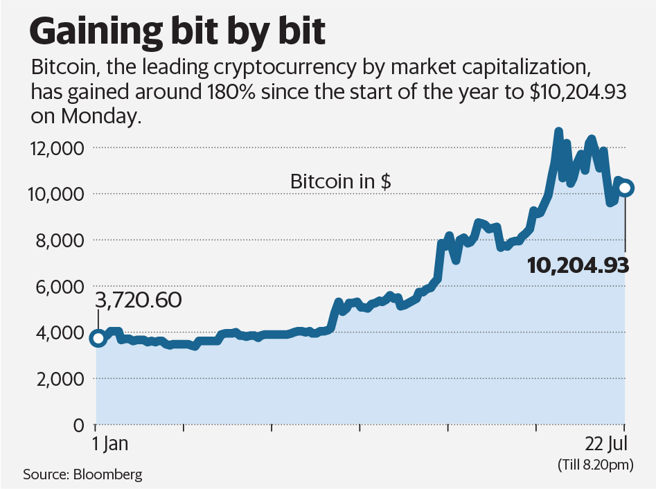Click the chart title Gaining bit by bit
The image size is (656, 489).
tap(177, 31)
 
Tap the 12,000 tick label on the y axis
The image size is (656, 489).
tap(56, 148)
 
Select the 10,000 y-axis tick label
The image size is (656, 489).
tap(56, 194)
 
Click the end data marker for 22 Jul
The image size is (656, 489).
tap(625, 188)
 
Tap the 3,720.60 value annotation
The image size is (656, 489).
tap(138, 300)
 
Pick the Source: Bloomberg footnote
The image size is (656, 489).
tap(82, 474)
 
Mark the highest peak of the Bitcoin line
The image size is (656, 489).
tap(558, 131)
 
